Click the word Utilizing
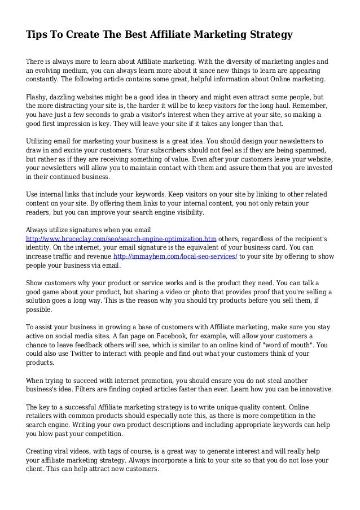pyautogui.click(x=43, y=141)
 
